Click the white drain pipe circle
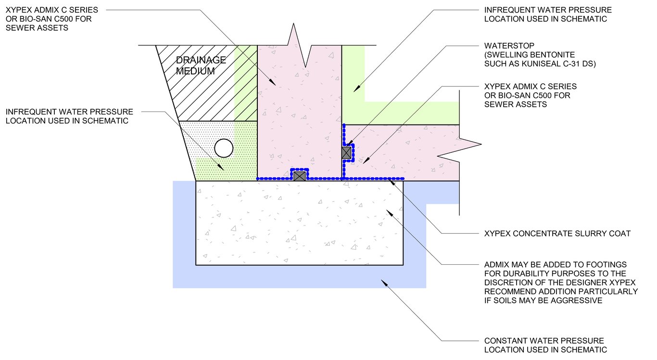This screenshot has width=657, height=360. click(x=224, y=148)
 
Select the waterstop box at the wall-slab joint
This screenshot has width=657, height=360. click(x=347, y=153)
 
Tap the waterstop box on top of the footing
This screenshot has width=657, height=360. click(x=300, y=176)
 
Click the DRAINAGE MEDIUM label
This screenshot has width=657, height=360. click(x=201, y=65)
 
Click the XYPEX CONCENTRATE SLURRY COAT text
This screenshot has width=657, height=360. click(x=557, y=234)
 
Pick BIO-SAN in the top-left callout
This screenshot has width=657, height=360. click(x=42, y=19)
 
